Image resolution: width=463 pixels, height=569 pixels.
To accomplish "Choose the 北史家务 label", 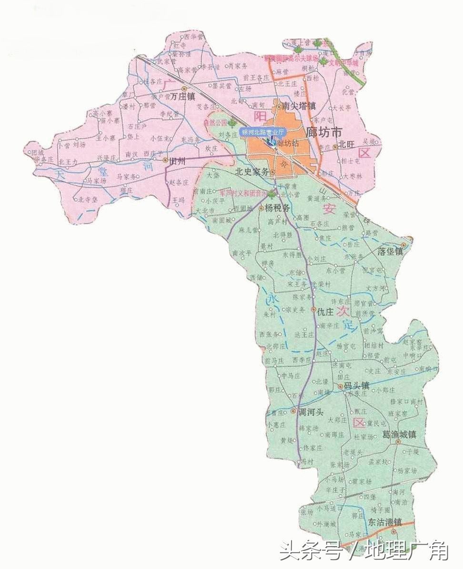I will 252,173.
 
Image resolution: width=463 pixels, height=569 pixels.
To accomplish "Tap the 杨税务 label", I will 277,208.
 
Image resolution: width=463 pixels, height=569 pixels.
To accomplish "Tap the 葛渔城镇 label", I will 400,435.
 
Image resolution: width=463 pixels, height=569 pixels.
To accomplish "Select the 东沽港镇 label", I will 384,522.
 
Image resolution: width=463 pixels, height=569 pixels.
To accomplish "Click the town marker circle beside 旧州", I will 165,161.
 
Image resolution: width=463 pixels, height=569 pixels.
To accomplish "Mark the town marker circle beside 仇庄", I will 313,310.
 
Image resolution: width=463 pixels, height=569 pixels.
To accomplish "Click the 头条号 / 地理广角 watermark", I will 364,551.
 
